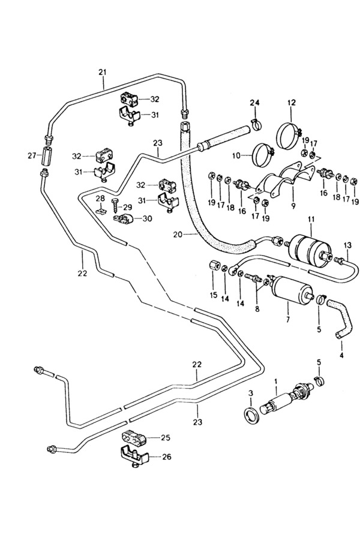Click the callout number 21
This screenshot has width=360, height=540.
point(103,73)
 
